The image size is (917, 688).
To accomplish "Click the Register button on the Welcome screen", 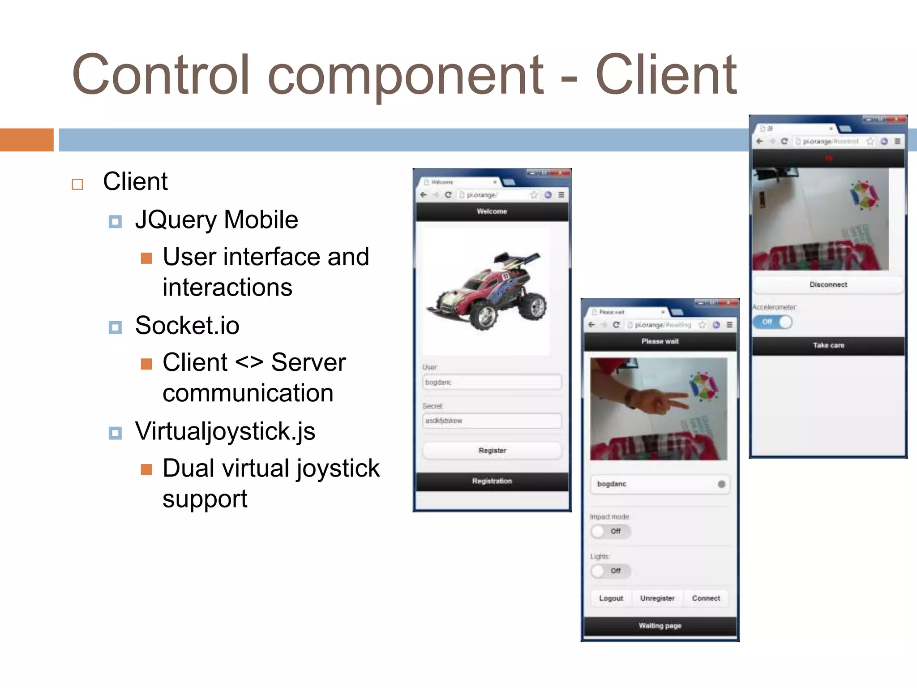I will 492,451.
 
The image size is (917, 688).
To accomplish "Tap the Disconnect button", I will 828,285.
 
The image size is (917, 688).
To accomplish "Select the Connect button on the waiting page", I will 706,598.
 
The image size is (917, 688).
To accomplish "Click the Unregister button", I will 657,598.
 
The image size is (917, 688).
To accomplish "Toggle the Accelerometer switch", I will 772,322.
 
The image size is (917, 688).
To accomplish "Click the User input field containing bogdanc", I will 492,382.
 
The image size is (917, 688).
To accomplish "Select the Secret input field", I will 492,421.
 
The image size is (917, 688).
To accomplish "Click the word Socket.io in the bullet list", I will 187,325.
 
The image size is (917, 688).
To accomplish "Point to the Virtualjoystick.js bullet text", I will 225,431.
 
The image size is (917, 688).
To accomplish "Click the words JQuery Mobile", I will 217,219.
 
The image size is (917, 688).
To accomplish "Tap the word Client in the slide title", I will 666,75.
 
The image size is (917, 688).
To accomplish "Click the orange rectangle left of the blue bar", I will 26,140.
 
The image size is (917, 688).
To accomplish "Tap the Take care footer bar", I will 828,345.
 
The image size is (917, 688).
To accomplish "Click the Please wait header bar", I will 660,341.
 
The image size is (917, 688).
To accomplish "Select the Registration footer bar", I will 492,481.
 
